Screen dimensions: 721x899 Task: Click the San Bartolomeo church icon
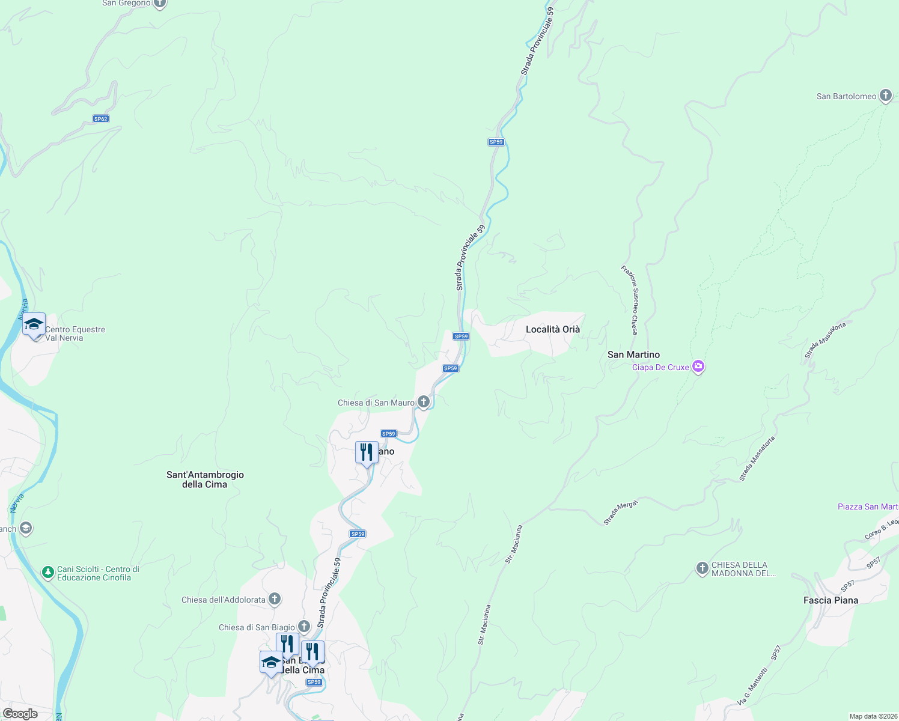885,96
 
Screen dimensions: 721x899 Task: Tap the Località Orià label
553,329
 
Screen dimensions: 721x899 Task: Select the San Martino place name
633,354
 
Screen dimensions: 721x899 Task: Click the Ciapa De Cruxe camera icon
698,367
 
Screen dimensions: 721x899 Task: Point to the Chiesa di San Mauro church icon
424,402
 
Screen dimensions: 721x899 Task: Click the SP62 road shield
100,119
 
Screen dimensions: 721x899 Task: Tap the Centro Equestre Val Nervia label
75,333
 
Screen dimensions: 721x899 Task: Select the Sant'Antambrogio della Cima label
205,479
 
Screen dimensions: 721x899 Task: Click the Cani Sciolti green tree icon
48,573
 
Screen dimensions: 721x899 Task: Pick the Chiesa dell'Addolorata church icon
275,598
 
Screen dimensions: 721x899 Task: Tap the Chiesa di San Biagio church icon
304,627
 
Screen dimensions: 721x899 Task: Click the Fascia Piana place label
830,600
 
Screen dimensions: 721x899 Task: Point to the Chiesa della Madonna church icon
702,568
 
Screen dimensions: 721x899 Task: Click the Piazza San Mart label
868,507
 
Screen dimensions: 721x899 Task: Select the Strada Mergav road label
620,512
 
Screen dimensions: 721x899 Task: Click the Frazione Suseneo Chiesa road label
630,300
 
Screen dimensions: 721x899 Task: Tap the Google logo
20,714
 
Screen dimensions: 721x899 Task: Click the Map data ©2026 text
873,716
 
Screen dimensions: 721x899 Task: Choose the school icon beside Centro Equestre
34,325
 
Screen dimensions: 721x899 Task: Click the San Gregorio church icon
159,3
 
